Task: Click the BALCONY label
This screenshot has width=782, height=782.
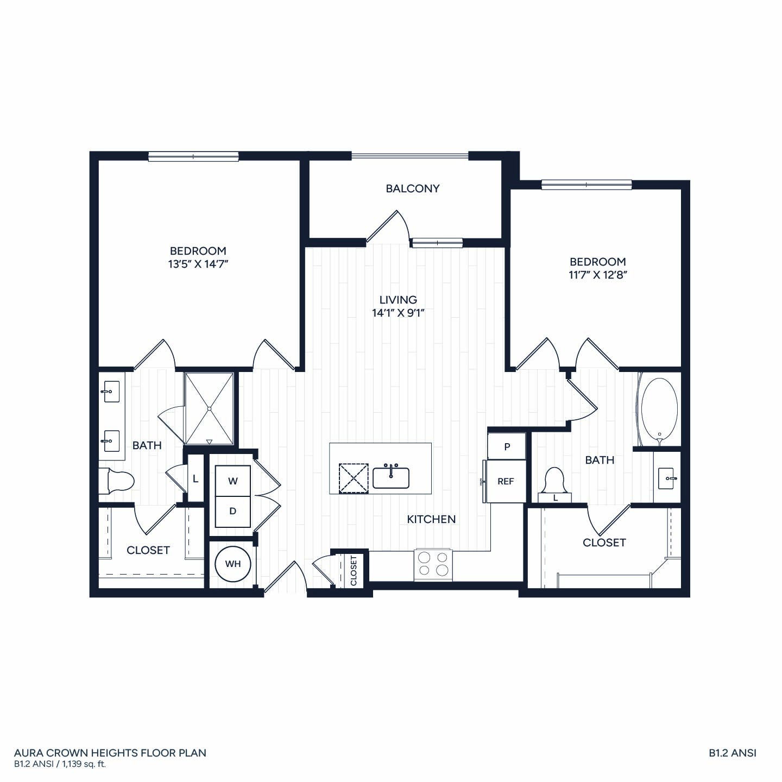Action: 412,188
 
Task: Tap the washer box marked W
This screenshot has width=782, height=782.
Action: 232,481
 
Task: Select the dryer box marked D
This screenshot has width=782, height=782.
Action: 232,512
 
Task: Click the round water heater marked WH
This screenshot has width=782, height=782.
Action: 232,564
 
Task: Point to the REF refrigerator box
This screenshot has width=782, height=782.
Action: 506,481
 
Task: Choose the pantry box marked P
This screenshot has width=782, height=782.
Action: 507,446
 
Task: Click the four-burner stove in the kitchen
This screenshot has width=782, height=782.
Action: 433,565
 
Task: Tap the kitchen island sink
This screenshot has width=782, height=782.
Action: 391,477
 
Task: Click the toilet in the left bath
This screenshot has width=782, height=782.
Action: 116,481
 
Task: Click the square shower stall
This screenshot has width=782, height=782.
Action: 209,409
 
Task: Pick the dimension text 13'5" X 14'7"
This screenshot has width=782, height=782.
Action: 198,264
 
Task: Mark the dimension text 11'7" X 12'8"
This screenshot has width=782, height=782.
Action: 598,275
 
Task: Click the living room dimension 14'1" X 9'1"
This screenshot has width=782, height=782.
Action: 398,313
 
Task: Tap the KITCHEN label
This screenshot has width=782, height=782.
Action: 431,519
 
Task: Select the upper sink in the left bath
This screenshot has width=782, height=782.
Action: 112,392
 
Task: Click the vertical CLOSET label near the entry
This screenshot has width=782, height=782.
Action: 354,571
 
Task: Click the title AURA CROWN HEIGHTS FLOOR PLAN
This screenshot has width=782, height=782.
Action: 110,753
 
